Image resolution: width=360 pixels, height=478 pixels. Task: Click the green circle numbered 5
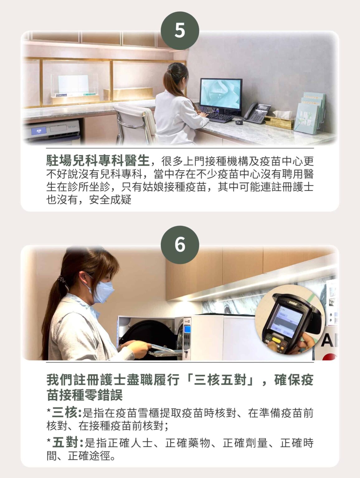click(180, 30)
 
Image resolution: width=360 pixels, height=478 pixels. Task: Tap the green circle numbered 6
click(180, 245)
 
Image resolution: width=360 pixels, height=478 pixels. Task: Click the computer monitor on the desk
click(221, 96)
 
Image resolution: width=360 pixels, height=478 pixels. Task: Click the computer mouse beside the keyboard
click(239, 122)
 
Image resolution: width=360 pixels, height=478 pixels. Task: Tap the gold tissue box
click(279, 122)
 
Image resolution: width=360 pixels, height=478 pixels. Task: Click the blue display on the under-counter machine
click(39, 131)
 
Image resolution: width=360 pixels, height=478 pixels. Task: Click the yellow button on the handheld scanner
click(276, 340)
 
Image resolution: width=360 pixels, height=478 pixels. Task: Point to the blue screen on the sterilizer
click(187, 329)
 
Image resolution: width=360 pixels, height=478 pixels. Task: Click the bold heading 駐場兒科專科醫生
click(98, 161)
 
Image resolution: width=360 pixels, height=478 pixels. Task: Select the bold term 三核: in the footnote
click(66, 413)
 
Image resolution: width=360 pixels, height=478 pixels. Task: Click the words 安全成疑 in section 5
click(110, 199)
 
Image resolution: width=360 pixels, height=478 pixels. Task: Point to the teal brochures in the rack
click(310, 113)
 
